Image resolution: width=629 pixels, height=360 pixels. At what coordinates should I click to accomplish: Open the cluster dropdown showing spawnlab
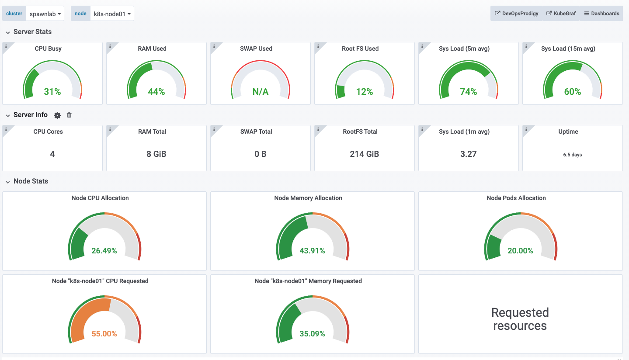tap(45, 14)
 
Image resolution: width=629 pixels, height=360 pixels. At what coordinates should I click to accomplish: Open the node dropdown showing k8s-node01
tap(112, 14)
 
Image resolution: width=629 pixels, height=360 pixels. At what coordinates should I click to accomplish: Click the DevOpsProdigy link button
tap(516, 14)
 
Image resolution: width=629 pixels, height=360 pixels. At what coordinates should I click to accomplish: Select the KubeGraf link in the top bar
tap(561, 14)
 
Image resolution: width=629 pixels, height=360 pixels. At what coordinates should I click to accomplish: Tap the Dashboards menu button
tap(601, 14)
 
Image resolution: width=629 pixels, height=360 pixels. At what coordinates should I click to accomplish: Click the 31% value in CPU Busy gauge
tap(52, 91)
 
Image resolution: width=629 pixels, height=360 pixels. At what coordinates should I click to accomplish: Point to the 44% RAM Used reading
tap(156, 91)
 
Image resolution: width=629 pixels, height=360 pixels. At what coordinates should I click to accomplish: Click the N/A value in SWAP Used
tap(261, 91)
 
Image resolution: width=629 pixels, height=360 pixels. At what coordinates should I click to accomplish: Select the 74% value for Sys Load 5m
tap(469, 91)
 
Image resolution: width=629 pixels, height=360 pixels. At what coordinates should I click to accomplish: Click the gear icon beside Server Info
tap(57, 115)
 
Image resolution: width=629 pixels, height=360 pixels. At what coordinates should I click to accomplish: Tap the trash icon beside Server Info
tap(69, 115)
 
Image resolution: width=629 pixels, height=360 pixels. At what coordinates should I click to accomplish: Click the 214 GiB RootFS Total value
tap(365, 154)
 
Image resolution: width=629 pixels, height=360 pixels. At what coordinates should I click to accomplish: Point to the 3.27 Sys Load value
tap(469, 154)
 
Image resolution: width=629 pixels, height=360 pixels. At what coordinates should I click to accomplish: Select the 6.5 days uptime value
tap(573, 155)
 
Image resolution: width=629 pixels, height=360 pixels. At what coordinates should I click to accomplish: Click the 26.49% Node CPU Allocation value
tap(104, 251)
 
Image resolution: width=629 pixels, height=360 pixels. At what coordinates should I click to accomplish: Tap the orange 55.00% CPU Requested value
tap(104, 334)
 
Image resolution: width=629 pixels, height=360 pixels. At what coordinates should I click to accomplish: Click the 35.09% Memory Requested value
tap(312, 334)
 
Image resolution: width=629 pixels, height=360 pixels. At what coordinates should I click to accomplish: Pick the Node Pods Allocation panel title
tap(516, 198)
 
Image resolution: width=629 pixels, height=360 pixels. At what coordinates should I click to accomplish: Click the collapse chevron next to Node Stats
tap(7, 182)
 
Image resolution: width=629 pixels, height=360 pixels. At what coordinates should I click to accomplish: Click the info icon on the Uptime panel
tap(526, 129)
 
